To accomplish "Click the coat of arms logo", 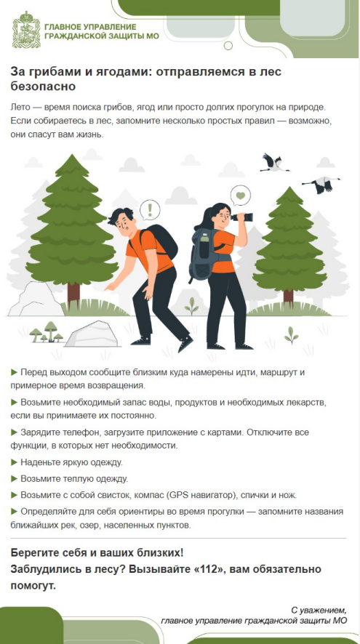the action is click(26, 30).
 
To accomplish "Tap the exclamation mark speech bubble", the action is click(150, 210).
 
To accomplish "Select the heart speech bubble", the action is click(241, 196).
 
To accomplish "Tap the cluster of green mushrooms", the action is click(46, 332).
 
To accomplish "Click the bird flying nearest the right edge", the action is click(321, 185).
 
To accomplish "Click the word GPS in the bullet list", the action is click(177, 495).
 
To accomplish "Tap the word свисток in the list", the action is click(114, 495).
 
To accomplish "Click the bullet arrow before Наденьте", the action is click(14, 462).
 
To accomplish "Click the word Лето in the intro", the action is click(19, 108).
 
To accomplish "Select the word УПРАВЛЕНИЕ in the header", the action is click(110, 27).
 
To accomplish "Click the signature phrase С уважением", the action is click(319, 609).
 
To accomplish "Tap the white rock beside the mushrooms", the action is click(91, 334).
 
